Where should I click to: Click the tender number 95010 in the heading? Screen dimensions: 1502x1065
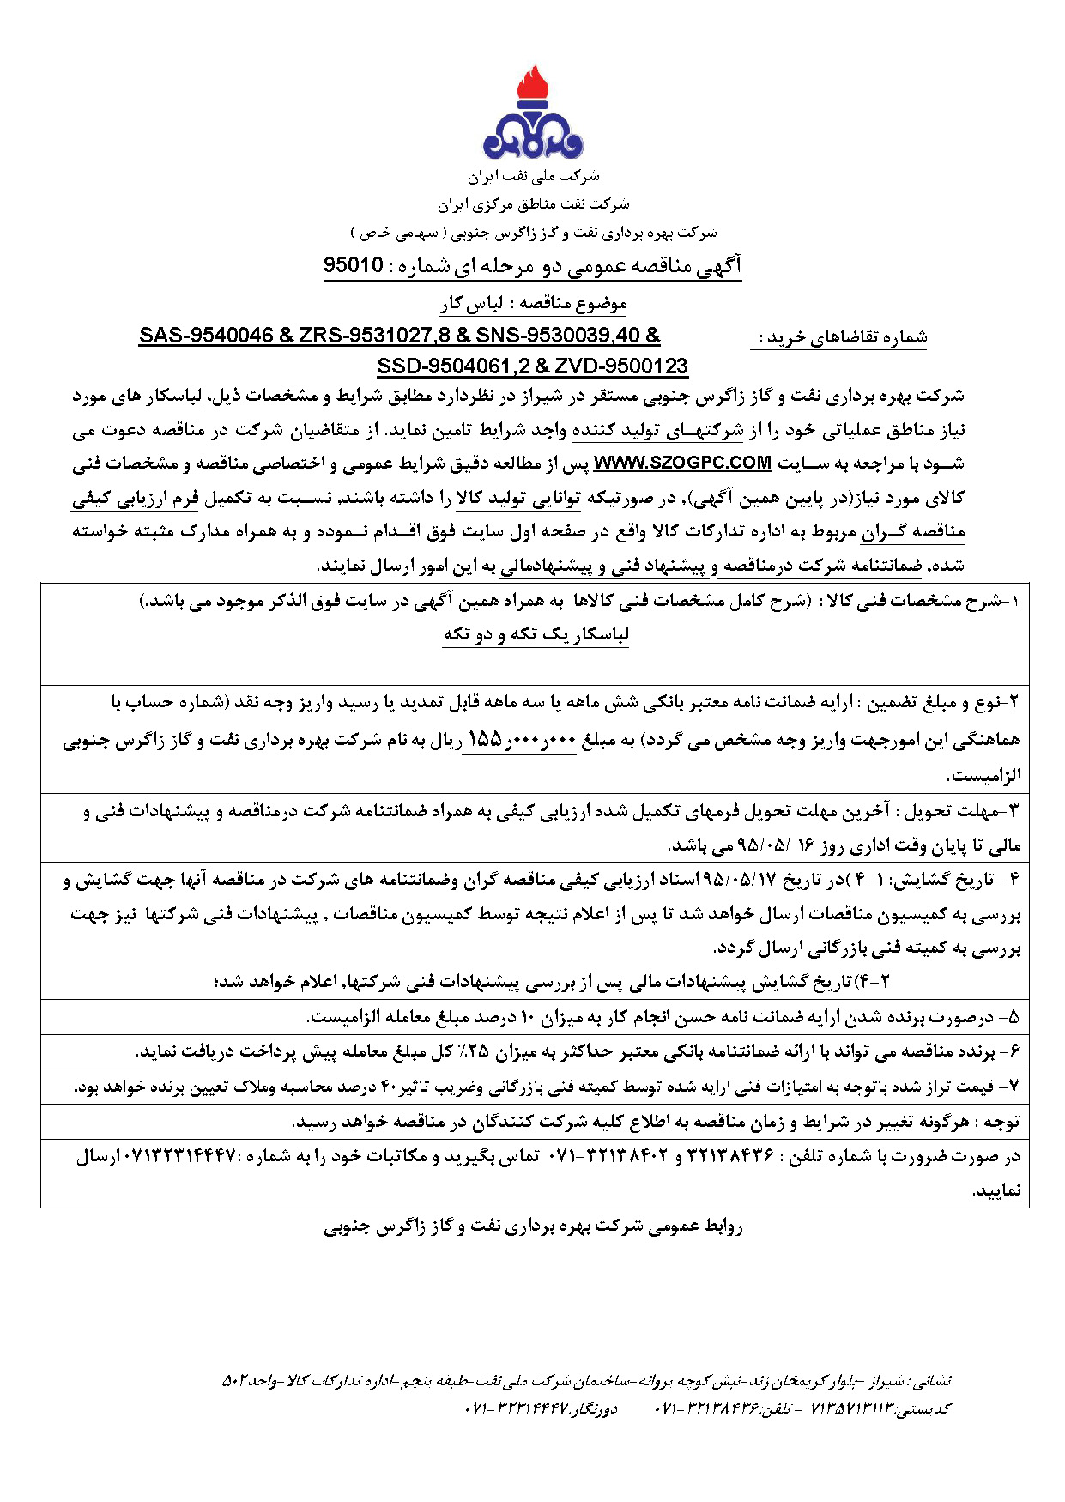tap(353, 264)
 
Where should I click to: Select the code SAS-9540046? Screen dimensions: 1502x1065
tap(205, 336)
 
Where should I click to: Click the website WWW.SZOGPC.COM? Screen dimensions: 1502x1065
tap(682, 463)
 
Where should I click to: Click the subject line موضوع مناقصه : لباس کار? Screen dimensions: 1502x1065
tap(533, 303)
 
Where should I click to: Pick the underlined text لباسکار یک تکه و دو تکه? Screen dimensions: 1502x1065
tap(536, 634)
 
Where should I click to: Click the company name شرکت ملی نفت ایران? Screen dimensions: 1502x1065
tap(533, 176)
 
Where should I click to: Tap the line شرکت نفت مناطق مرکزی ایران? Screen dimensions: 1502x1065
tap(533, 204)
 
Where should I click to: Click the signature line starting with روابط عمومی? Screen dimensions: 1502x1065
tap(533, 1226)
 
